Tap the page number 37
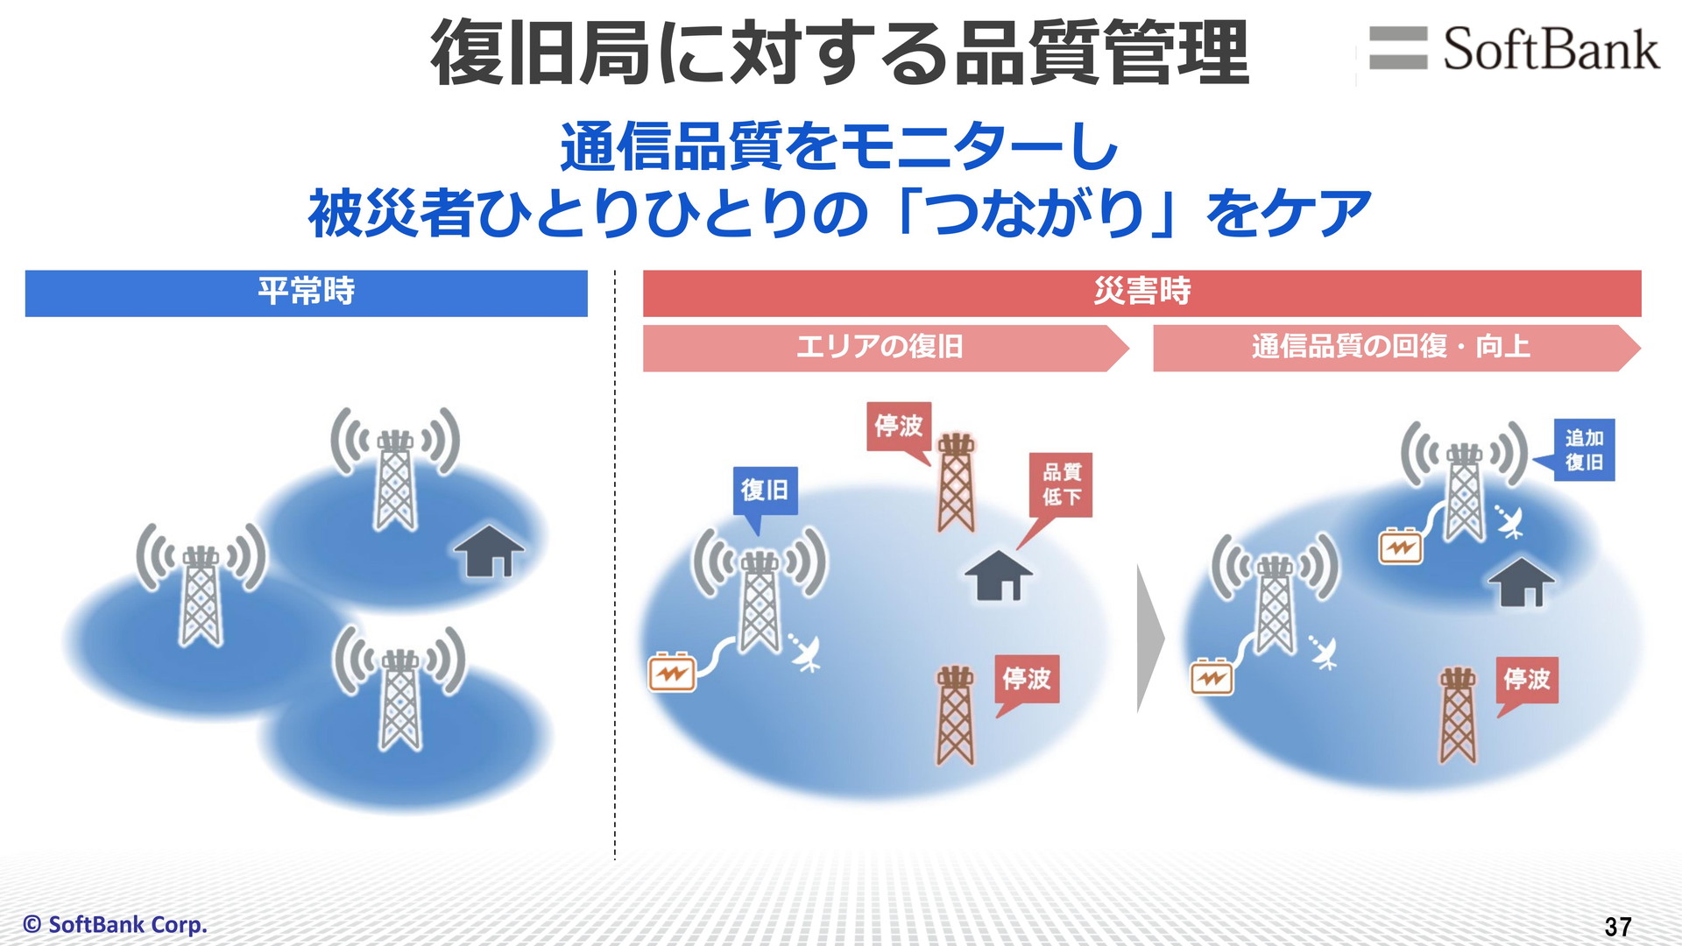(1618, 927)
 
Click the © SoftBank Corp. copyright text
(115, 924)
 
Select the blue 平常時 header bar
(306, 293)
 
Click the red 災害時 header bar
(1141, 293)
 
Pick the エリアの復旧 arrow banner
(885, 348)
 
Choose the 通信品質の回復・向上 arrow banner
(1396, 348)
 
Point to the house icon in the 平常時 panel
(489, 550)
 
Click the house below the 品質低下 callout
(999, 575)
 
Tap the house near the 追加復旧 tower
(1522, 582)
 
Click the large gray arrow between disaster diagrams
(1150, 639)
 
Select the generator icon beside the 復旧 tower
(672, 673)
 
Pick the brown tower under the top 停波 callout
(956, 484)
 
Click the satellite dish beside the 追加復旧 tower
(1509, 522)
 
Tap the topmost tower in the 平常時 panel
(395, 469)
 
